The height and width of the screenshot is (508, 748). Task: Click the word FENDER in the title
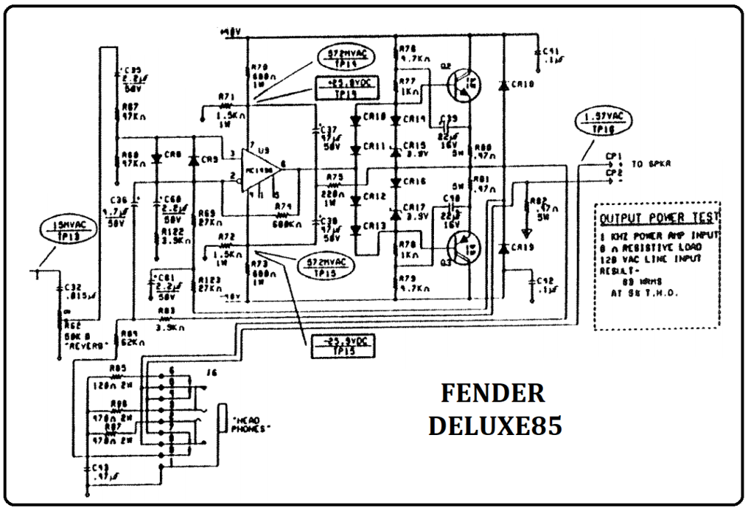(493, 393)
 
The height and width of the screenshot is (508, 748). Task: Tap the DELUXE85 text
(495, 426)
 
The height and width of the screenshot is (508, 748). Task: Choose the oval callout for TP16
(605, 122)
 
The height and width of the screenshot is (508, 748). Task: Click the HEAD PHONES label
(250, 424)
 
